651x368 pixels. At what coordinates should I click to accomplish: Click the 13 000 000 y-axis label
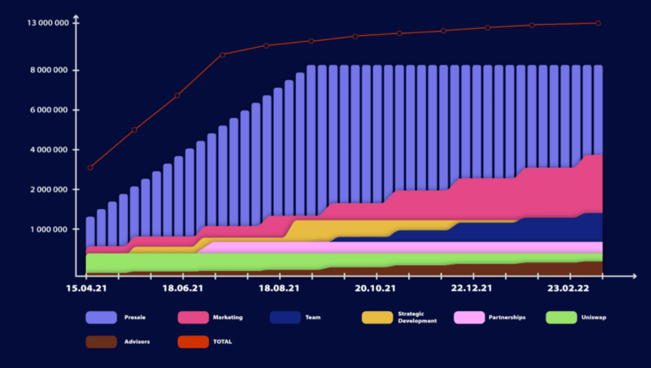coord(48,23)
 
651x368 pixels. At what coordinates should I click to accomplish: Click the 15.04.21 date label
coord(86,288)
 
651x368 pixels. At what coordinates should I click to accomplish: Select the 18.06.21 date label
coord(182,288)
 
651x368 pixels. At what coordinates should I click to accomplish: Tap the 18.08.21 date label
coord(279,288)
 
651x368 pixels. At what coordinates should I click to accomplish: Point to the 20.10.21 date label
coord(376,288)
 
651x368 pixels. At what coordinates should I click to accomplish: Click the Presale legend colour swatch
coord(101,317)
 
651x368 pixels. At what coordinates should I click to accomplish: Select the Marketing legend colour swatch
coord(193,317)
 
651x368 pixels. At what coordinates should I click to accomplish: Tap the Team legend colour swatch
coord(285,317)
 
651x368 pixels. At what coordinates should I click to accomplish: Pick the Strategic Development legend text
coord(417,317)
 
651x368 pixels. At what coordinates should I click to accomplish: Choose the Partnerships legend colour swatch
coord(469,317)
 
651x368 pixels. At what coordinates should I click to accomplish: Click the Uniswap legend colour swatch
coord(562,317)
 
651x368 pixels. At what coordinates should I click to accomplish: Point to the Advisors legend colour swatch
coord(101,341)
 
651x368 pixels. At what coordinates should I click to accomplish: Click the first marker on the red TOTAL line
coord(90,167)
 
